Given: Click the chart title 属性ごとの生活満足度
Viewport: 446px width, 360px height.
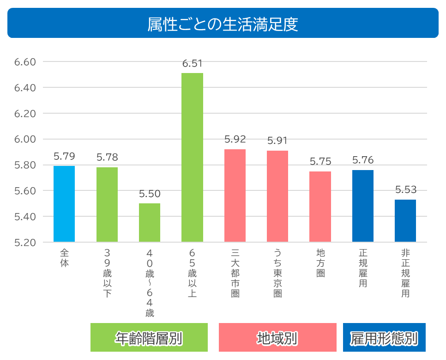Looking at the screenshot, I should tap(223, 24).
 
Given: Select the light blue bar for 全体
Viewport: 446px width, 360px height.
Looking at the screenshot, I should tap(64, 204).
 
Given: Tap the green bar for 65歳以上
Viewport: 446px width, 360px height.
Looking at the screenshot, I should tap(192, 157).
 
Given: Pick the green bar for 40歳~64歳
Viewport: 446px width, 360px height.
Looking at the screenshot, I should tap(150, 222).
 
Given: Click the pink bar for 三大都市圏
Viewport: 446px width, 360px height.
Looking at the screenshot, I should tap(235, 195).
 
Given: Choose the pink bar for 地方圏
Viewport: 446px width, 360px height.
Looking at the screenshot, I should tap(320, 207).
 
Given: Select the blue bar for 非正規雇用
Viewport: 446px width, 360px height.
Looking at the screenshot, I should tap(405, 220).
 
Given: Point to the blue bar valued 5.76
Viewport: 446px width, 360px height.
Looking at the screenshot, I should tap(363, 206).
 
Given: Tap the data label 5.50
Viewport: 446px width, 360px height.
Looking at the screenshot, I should tap(150, 194).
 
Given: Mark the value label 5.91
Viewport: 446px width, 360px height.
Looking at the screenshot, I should tap(277, 141).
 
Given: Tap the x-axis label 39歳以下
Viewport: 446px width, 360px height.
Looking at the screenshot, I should tap(107, 273).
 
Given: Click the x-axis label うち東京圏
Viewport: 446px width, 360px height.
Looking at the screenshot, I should tap(277, 273).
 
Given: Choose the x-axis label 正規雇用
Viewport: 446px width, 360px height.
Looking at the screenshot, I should tap(363, 268).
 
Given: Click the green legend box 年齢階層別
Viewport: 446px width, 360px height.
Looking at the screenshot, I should tap(149, 338).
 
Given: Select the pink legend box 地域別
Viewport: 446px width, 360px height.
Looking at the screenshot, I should tap(277, 338).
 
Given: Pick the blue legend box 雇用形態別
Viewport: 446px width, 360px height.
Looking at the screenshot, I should tap(384, 338).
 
